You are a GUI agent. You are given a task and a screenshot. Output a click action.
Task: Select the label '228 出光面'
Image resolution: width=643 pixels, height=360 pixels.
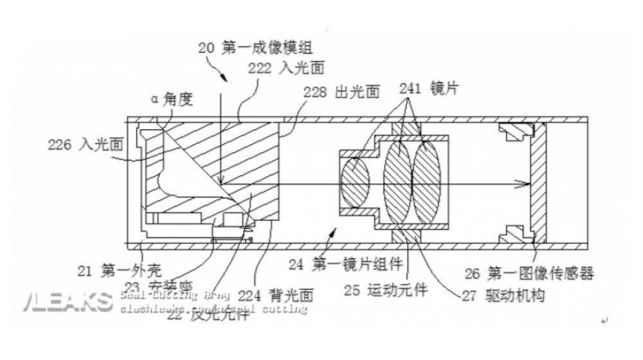(342, 91)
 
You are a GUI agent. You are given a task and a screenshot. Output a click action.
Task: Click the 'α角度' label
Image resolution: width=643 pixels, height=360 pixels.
(172, 99)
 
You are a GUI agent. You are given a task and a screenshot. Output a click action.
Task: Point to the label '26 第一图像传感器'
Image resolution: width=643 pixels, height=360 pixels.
(529, 274)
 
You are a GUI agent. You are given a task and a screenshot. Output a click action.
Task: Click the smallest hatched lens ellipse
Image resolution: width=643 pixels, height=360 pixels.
(355, 182)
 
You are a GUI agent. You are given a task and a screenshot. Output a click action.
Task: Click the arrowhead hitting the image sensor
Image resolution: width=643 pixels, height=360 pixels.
(525, 183)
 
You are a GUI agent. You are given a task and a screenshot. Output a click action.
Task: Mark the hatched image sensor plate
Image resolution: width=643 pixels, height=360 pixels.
(537, 183)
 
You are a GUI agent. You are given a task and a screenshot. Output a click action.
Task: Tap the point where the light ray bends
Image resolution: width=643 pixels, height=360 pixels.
(220, 183)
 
